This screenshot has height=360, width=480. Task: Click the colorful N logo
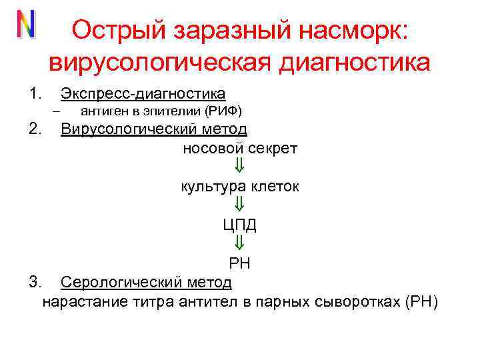tap(26, 25)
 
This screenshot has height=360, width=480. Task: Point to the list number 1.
tap(35, 93)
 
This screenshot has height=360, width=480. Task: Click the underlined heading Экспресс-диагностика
tap(143, 93)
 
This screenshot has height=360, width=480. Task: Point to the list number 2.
tap(35, 128)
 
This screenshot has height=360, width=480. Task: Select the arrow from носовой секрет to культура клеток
tap(240, 166)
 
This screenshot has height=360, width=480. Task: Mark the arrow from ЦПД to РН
tap(240, 243)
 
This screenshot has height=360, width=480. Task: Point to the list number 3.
tap(35, 283)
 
